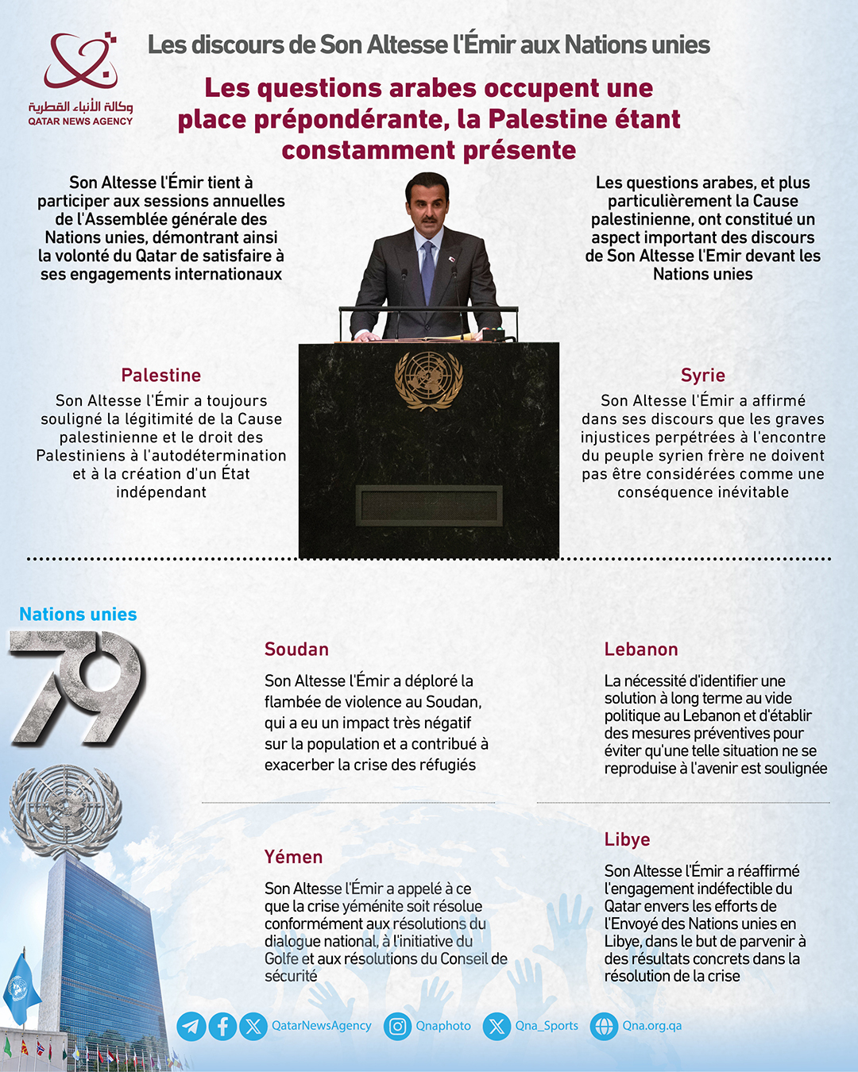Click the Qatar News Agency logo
(x=80, y=79)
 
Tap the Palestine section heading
(x=161, y=375)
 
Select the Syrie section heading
(x=702, y=375)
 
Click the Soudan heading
(x=296, y=649)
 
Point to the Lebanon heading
(x=640, y=649)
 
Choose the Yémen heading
(x=293, y=857)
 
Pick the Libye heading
(x=627, y=839)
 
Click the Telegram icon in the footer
(x=191, y=1027)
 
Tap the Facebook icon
(x=222, y=1027)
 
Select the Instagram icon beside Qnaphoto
(x=397, y=1027)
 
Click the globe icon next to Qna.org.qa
(x=604, y=1027)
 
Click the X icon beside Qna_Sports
(x=497, y=1027)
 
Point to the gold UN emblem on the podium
(x=429, y=380)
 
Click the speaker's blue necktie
(x=428, y=270)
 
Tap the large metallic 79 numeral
(x=77, y=687)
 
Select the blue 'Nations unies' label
(x=78, y=614)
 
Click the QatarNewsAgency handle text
(x=321, y=1026)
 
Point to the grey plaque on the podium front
(x=429, y=506)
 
